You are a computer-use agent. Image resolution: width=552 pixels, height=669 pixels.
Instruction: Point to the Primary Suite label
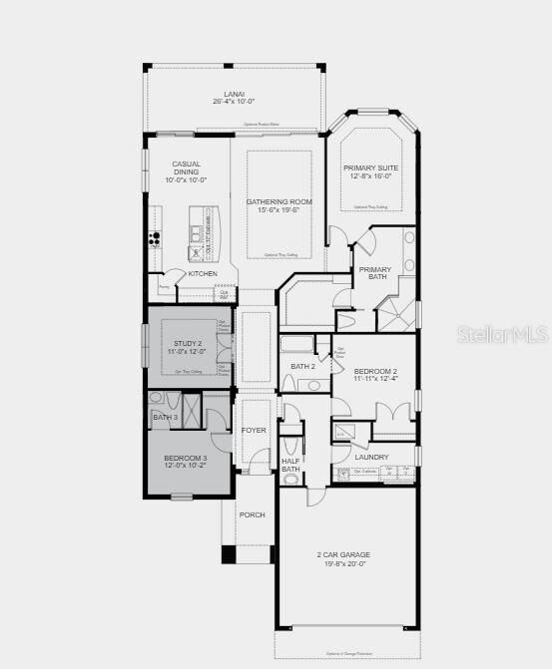pyautogui.click(x=370, y=167)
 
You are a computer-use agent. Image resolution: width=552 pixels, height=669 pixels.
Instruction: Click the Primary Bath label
pyautogui.click(x=375, y=273)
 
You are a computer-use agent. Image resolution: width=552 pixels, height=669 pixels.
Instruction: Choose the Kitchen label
pyautogui.click(x=203, y=273)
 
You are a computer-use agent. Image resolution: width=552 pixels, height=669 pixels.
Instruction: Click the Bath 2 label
pyautogui.click(x=302, y=366)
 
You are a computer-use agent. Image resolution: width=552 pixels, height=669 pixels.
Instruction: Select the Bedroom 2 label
pyautogui.click(x=375, y=370)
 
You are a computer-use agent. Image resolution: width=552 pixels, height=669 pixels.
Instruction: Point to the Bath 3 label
pyautogui.click(x=166, y=417)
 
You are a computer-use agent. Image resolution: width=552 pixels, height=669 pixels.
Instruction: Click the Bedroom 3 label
pyautogui.click(x=186, y=458)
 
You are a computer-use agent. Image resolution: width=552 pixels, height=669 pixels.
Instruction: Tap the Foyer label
pyautogui.click(x=255, y=430)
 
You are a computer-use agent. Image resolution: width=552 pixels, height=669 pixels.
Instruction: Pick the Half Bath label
pyautogui.click(x=290, y=465)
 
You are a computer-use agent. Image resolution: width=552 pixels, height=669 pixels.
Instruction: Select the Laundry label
pyautogui.click(x=371, y=457)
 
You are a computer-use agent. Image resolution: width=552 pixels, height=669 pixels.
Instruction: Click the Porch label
pyautogui.click(x=252, y=514)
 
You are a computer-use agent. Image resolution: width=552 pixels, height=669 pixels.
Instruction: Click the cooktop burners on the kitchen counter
pyautogui.click(x=155, y=238)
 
